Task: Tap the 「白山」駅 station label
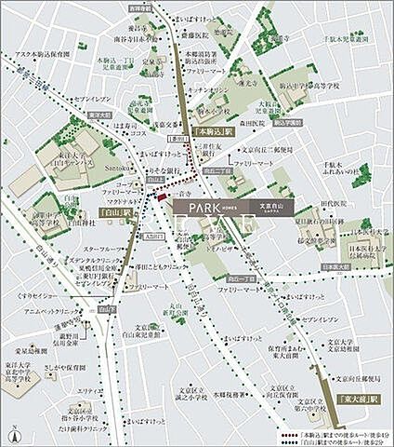116,212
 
